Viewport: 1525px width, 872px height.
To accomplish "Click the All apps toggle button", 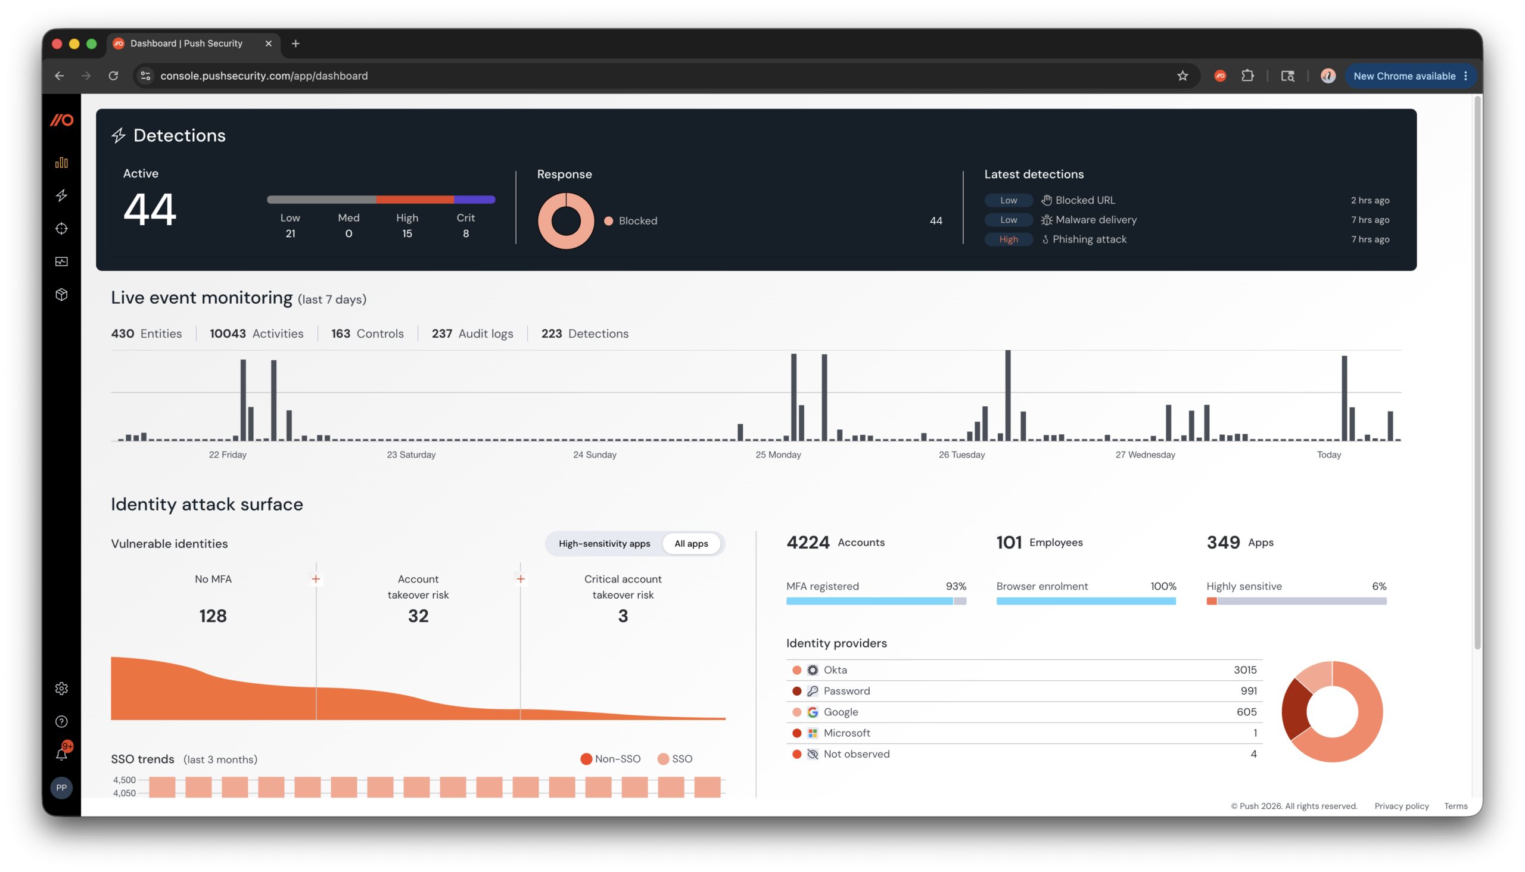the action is coord(690,543).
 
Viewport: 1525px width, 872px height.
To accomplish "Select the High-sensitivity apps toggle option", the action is coord(604,543).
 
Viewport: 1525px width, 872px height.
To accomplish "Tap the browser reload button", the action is coord(113,76).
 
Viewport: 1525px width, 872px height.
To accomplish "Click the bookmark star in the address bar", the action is coord(1182,76).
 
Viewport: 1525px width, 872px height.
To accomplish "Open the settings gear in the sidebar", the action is coord(62,688).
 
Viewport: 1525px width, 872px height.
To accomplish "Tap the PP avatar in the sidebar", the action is coord(62,787).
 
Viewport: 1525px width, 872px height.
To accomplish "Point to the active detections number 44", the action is coord(150,209).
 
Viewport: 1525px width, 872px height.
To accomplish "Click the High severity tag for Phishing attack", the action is coord(1008,239).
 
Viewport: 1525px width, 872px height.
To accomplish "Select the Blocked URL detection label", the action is coord(1085,200).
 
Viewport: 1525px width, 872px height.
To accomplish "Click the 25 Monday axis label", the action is coord(777,454).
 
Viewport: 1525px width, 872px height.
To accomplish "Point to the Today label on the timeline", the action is coord(1328,454).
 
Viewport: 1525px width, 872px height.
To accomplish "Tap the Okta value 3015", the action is coord(1244,669).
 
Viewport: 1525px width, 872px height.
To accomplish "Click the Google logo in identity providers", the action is coord(812,712).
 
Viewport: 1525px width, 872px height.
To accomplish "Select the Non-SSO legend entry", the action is coord(611,759).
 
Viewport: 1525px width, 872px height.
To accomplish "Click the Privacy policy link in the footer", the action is coord(1401,805).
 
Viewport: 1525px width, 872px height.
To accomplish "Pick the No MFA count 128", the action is coord(213,616).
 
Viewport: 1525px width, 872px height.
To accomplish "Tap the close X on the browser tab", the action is coord(268,43).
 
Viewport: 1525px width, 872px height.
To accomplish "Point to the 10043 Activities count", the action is coord(256,334).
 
